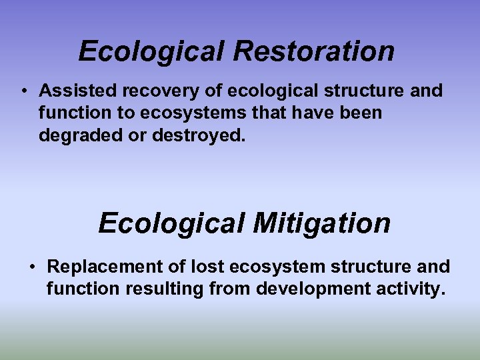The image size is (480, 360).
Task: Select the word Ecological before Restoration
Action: click(151, 51)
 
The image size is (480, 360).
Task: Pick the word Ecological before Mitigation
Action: click(171, 223)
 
